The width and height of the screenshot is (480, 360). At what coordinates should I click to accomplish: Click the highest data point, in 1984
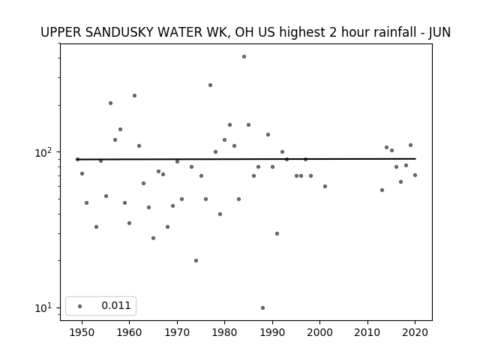(x=244, y=57)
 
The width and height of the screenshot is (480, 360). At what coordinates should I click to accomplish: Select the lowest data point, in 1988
(x=263, y=308)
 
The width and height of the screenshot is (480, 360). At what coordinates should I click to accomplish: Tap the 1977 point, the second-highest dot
(x=210, y=85)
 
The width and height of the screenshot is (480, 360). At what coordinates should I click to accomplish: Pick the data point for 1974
(x=196, y=261)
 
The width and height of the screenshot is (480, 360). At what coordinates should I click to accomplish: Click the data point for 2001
(x=325, y=187)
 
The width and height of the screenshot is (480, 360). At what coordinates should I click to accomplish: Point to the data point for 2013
(x=382, y=190)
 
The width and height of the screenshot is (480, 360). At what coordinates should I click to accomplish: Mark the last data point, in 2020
(x=415, y=175)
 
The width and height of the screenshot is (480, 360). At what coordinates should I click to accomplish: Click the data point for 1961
(x=134, y=96)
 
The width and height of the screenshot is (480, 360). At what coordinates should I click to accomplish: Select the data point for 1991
(x=277, y=233)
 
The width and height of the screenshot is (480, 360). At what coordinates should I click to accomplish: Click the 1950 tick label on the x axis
(x=82, y=333)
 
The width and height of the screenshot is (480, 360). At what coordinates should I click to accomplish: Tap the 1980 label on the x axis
(x=225, y=333)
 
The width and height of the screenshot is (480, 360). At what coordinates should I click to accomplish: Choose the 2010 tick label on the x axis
(x=367, y=333)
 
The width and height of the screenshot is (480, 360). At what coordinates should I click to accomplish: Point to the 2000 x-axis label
(x=320, y=333)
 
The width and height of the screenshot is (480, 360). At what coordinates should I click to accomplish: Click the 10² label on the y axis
(x=46, y=152)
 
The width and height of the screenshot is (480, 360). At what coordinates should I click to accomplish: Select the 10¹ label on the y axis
(x=46, y=308)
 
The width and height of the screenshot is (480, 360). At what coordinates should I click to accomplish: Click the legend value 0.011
(x=116, y=305)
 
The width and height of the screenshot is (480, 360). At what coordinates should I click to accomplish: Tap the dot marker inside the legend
(x=80, y=307)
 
